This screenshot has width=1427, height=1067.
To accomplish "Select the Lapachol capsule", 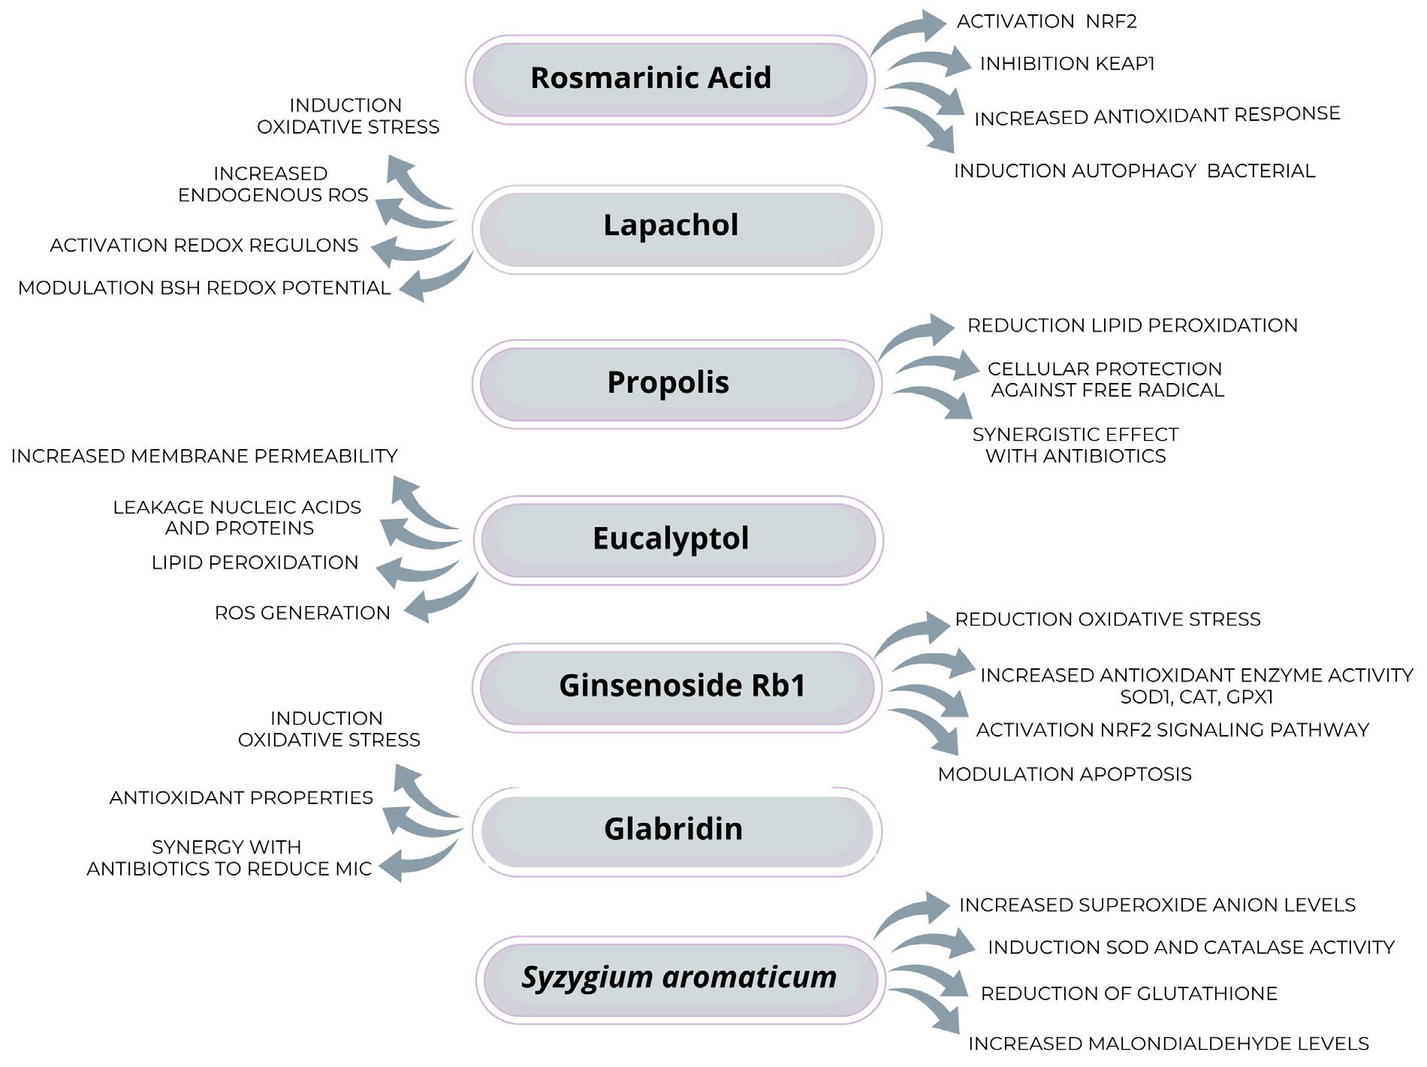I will pyautogui.click(x=676, y=229).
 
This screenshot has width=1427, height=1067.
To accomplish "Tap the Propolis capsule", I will pyautogui.click(x=676, y=384).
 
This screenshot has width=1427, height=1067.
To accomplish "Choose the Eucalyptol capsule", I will pyautogui.click(x=677, y=540).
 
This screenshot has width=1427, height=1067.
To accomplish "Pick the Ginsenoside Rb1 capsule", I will pyautogui.click(x=676, y=687).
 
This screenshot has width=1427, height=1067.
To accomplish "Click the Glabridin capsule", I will pyautogui.click(x=676, y=831).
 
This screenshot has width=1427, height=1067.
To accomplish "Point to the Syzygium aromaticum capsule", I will pyautogui.click(x=680, y=979).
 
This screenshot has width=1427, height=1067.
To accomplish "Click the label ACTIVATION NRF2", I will pyautogui.click(x=1046, y=22).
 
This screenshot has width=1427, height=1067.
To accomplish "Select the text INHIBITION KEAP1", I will pyautogui.click(x=1066, y=64).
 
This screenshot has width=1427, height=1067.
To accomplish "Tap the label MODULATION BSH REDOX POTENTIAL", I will pyautogui.click(x=204, y=288).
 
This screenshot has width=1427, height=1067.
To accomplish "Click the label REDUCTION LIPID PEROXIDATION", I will pyautogui.click(x=1132, y=326).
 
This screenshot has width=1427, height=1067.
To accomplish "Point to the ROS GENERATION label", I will pyautogui.click(x=302, y=613).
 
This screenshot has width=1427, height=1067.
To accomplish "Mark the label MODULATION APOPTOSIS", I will pyautogui.click(x=1064, y=774).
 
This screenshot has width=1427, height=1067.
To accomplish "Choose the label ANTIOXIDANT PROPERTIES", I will pyautogui.click(x=241, y=797).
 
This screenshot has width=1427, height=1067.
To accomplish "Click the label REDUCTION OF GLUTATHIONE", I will pyautogui.click(x=1128, y=993).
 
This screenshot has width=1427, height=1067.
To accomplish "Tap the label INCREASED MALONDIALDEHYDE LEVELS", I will pyautogui.click(x=1168, y=1044).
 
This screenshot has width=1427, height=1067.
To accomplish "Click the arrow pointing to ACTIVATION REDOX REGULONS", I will pyautogui.click(x=409, y=250).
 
